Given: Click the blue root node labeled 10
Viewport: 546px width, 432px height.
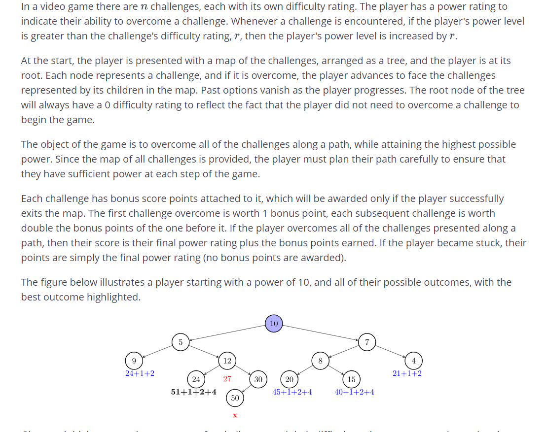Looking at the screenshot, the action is [274, 324].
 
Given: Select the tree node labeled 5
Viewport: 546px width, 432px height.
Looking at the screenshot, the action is [181, 342].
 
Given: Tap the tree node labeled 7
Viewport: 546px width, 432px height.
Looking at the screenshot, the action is [366, 342].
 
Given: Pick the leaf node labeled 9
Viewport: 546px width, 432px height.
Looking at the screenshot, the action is [134, 361].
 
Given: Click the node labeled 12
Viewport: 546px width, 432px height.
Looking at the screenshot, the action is [227, 361].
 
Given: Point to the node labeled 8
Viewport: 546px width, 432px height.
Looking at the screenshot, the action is [320, 361].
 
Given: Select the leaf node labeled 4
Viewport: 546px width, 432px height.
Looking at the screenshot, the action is [413, 361].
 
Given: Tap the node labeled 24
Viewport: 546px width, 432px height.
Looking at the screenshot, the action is [196, 379].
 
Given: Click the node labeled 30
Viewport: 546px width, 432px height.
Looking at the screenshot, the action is [258, 379].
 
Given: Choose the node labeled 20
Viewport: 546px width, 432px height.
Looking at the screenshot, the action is [290, 379].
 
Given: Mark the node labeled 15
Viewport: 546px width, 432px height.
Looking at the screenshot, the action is [351, 379].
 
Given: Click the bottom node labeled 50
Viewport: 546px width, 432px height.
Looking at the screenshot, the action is [235, 398].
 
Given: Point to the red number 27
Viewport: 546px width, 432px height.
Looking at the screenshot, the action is [227, 379].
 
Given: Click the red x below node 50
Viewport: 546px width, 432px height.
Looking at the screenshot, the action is [235, 415].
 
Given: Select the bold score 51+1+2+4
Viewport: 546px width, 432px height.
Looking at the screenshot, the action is [193, 392].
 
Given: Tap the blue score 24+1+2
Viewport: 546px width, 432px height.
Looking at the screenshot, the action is [140, 373].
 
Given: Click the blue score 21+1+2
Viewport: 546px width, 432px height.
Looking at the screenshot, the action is [407, 373].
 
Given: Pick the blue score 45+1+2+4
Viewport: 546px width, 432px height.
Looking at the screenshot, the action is [292, 392].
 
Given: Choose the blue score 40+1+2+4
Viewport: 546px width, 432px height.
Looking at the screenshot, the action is [354, 392].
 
